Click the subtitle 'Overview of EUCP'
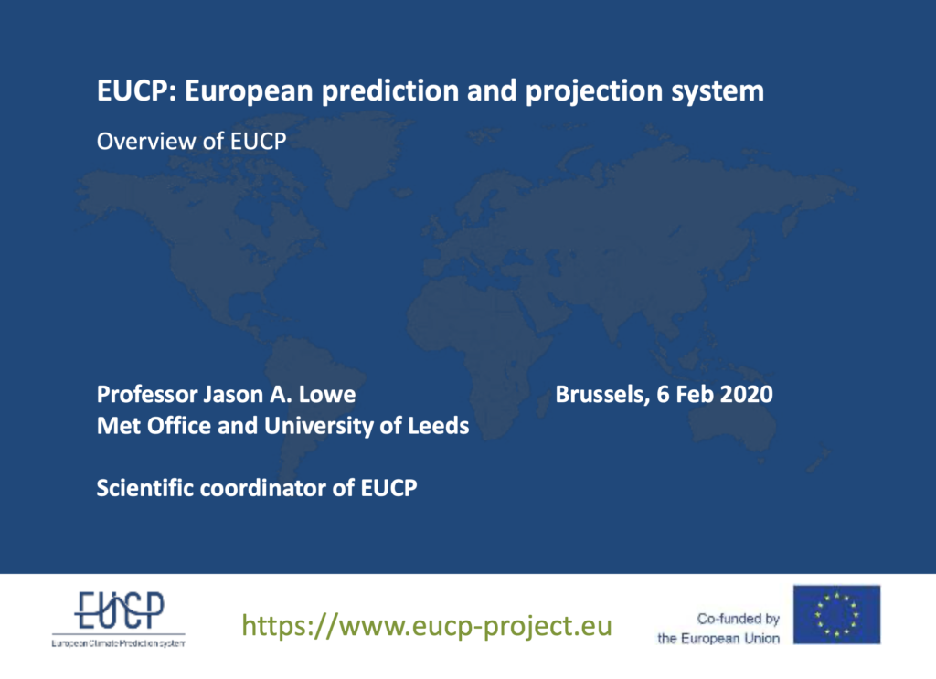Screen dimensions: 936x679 192,142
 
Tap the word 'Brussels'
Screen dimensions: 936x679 602,395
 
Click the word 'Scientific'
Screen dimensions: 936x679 145,488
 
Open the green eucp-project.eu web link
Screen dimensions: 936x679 427,625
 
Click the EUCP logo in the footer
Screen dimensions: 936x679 119,618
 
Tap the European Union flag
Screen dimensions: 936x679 836,614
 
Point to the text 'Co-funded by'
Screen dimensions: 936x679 738,619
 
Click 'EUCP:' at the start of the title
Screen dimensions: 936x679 137,91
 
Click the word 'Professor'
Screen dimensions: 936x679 147,395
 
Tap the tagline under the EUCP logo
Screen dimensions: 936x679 118,643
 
